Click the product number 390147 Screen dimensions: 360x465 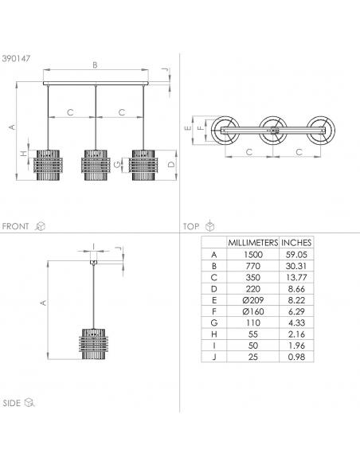[16, 58]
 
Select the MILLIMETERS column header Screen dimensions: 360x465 [253, 243]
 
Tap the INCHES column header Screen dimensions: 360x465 [296, 243]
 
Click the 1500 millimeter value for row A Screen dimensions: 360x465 [253, 255]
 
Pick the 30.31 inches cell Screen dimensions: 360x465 [296, 266]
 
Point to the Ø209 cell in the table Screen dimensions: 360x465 [253, 300]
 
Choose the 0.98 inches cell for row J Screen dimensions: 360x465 [296, 357]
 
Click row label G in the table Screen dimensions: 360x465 [213, 322]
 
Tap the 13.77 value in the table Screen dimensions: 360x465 [296, 277]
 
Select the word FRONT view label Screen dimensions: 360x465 [15, 226]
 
